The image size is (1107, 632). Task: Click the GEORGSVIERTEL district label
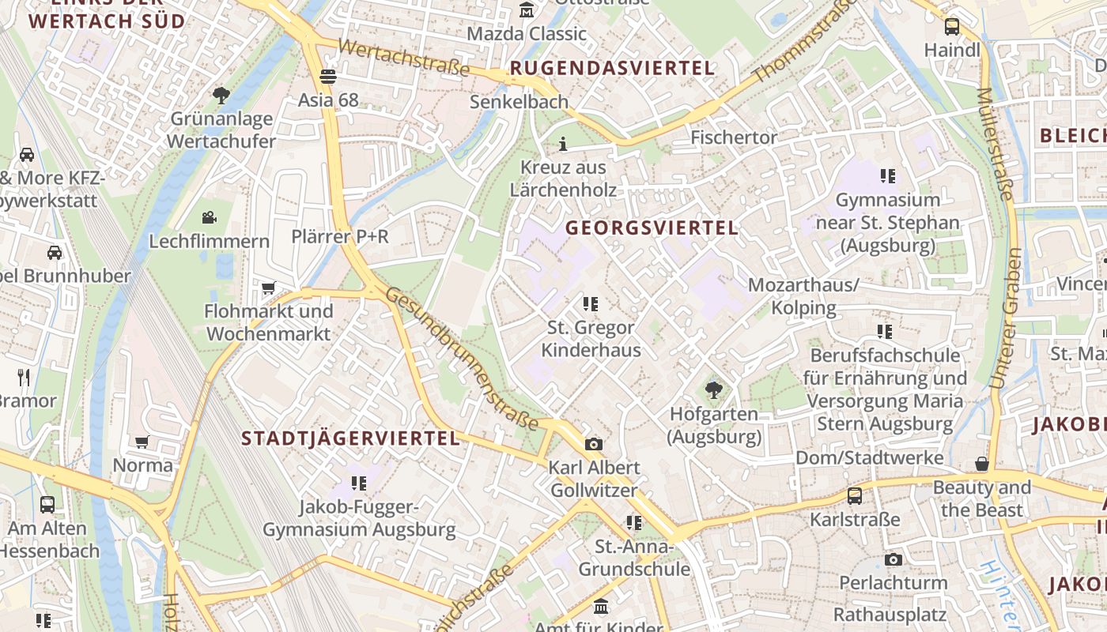coord(652,228)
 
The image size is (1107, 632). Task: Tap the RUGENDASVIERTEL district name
coord(613,68)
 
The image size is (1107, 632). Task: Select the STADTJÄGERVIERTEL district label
coord(350,438)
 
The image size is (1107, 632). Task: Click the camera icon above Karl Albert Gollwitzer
coord(594,444)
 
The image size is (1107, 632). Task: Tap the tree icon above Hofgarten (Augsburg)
coord(714,389)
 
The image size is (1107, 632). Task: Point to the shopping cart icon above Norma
coord(142,442)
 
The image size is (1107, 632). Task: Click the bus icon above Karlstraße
coord(855,496)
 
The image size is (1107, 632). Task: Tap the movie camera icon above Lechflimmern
coord(210,217)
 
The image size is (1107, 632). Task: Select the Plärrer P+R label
coord(340,236)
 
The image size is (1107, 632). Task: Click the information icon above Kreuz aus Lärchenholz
coord(563,144)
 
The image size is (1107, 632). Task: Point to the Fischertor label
coord(734,137)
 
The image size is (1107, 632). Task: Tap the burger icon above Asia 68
coord(328,77)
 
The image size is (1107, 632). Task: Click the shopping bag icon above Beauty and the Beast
coord(982,464)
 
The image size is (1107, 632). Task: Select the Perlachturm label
coord(893,583)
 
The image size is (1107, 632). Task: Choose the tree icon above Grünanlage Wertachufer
coord(221,96)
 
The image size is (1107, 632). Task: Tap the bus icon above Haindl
coord(952,27)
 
